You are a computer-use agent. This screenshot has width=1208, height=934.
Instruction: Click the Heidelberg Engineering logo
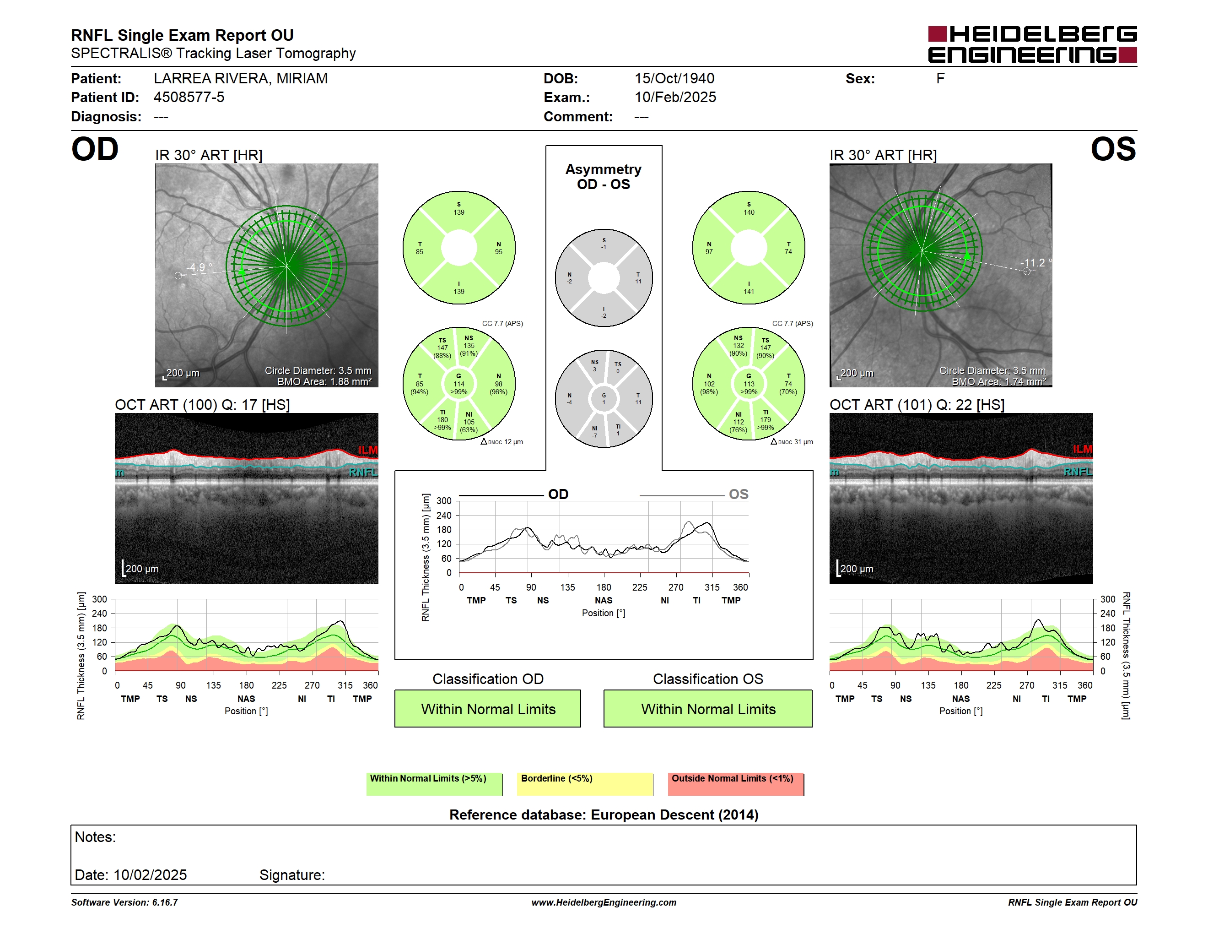point(1032,44)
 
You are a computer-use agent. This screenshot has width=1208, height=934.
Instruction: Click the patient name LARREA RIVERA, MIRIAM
point(241,79)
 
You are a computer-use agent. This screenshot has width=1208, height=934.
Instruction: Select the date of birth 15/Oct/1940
point(674,79)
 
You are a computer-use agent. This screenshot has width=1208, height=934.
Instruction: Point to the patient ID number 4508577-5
point(189,98)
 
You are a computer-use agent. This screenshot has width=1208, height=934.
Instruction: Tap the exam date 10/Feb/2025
point(675,98)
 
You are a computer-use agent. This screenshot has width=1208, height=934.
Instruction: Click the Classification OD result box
point(488,708)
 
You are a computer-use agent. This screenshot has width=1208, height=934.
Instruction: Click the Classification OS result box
point(708,708)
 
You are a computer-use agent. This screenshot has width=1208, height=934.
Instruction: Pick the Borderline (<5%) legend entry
point(585,784)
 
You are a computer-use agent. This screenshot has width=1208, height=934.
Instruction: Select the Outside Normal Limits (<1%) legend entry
point(736,784)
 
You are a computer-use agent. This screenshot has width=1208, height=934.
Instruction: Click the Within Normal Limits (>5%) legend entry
point(434,784)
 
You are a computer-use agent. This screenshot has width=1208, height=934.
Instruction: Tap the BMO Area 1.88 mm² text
point(324,382)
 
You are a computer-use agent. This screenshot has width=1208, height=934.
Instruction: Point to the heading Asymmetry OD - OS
point(604,177)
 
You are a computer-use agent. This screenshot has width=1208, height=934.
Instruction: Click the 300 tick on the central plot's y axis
point(444,501)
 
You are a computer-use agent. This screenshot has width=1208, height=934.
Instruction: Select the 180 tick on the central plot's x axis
point(604,587)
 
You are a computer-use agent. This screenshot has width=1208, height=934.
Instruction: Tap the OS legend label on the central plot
point(739,494)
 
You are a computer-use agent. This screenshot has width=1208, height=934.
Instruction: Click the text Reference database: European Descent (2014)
point(604,815)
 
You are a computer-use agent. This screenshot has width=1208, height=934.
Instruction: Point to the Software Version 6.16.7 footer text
point(124,902)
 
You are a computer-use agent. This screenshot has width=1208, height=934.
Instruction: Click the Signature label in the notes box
point(292,875)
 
